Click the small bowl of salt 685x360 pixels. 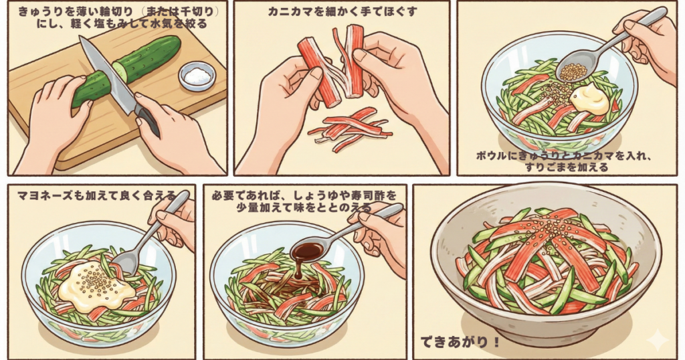coord(197,76)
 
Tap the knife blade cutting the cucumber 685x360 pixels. coord(107,74)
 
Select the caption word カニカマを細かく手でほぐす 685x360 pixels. coord(342,12)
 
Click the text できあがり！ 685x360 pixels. coord(460,342)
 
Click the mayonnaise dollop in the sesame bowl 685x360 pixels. coord(589,99)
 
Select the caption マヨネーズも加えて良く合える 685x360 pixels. coord(96,195)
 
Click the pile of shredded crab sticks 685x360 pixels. coord(349,129)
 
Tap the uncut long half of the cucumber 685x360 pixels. coord(146,58)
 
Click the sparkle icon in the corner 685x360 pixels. coord(658,341)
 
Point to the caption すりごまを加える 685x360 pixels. coord(566,167)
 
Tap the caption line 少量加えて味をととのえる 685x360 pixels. coord(304,207)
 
